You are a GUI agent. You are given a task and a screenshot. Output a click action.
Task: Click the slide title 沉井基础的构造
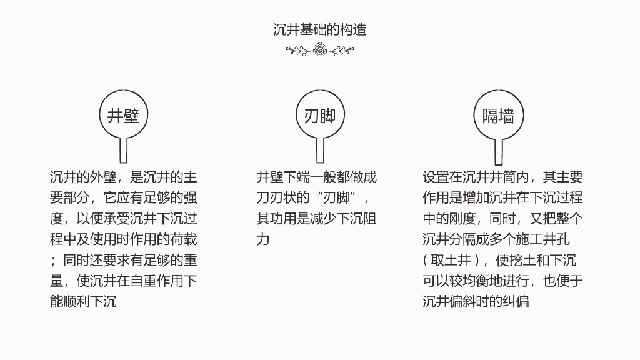point(319,29)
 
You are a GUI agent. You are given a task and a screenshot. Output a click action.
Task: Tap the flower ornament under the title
point(320,50)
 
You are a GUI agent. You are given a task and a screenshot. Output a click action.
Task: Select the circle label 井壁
point(123,116)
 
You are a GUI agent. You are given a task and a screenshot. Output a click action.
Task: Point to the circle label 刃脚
point(320,116)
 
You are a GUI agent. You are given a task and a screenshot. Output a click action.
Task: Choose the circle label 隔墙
point(498,116)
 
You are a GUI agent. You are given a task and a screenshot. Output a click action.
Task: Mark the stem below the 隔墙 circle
point(499,151)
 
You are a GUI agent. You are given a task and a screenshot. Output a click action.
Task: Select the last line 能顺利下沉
point(84,301)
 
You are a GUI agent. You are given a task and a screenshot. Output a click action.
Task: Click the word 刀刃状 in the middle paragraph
point(276,198)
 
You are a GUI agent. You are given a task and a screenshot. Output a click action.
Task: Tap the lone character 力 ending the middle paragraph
point(263,239)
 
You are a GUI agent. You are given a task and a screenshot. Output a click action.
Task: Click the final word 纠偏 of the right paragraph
point(516,301)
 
